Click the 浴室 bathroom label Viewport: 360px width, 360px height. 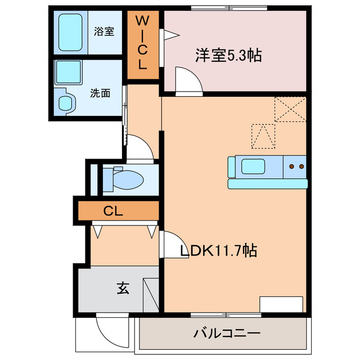coord(103,31)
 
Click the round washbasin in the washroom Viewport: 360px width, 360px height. coord(67,103)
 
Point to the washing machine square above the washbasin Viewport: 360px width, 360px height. coord(69,74)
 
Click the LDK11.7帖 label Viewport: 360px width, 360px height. coord(218,251)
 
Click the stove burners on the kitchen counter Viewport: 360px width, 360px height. coord(296,166)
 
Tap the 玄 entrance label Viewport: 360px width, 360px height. coord(123,289)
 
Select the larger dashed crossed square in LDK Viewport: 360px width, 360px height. coord(290,109)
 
